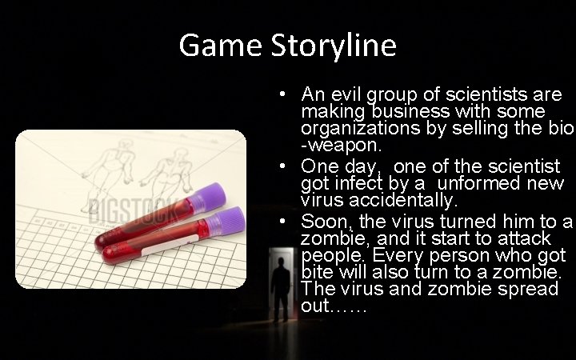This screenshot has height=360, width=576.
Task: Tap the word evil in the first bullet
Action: pyautogui.click(x=348, y=94)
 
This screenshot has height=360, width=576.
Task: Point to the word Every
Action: pyautogui.click(x=398, y=256)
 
